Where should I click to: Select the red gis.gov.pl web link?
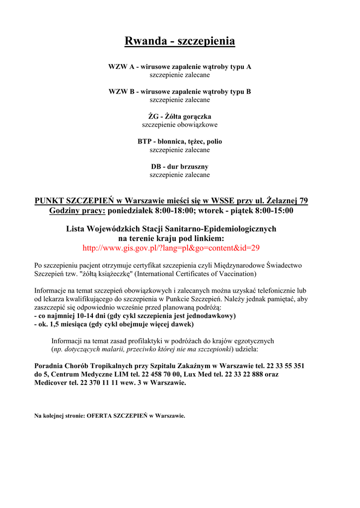[171, 248]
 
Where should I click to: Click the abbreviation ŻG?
[146, 117]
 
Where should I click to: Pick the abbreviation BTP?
[144, 141]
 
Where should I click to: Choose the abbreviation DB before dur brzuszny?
[156, 166]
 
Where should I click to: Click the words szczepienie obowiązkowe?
[180, 125]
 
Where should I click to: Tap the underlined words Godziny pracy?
[77, 210]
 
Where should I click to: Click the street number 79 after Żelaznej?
[302, 200]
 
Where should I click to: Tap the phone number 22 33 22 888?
[243, 374]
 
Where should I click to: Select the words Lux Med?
[198, 374]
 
